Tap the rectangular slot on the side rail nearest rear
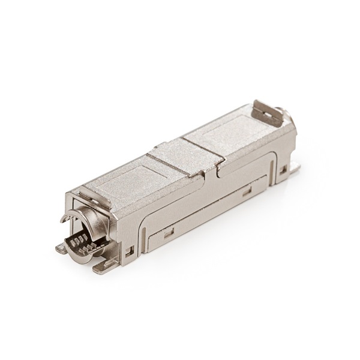tap(245, 193)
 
